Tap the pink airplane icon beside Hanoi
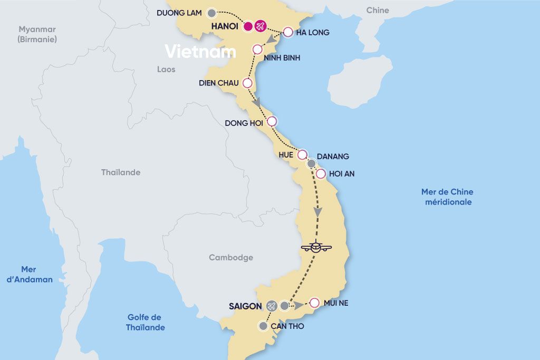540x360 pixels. [261, 26]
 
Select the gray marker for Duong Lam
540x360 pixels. [211, 13]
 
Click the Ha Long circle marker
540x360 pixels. [288, 32]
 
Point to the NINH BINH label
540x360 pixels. [283, 58]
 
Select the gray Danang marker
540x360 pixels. [312, 163]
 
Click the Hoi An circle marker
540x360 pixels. [320, 173]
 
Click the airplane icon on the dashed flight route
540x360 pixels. [316, 246]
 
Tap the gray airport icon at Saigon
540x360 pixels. [272, 306]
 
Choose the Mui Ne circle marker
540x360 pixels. [314, 303]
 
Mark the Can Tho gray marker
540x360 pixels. [263, 326]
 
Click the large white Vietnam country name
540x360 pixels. [200, 52]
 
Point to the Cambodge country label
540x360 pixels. [231, 258]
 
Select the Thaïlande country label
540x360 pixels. [121, 172]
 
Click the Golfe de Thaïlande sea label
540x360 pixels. [145, 322]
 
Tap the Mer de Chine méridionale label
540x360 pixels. [447, 197]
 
